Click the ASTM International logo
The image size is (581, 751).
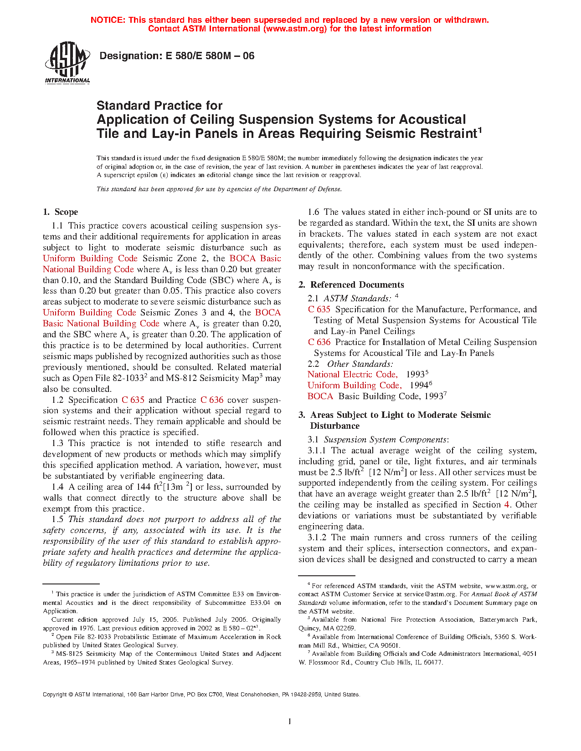(x=67, y=63)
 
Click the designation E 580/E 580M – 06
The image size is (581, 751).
(x=177, y=56)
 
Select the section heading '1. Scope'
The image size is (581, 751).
(x=60, y=212)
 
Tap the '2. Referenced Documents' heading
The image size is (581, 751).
(x=351, y=285)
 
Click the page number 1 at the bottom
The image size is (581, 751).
(x=290, y=721)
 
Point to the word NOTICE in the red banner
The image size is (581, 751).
(x=108, y=20)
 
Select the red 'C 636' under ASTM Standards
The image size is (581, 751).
(x=319, y=342)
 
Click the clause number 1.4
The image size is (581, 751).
(x=57, y=487)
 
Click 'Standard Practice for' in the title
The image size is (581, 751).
(x=159, y=106)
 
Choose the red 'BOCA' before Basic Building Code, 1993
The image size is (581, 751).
(x=320, y=396)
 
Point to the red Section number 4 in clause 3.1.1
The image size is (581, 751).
(x=507, y=505)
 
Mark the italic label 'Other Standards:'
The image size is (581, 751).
(x=360, y=364)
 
